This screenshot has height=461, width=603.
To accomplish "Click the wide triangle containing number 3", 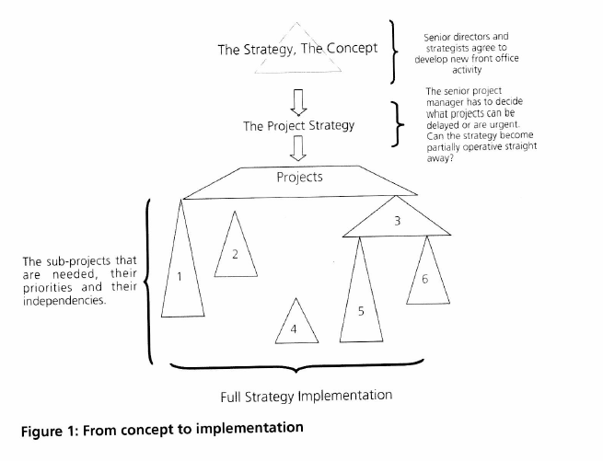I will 396,224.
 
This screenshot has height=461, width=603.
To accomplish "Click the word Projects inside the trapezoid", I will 299,176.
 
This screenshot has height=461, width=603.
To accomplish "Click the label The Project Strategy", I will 298,125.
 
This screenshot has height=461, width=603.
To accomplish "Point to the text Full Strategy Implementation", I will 306,396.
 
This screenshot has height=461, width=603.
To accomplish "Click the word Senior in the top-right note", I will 441,37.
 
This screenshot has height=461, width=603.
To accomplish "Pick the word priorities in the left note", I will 52,286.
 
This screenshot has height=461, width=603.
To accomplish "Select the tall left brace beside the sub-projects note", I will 147,281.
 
